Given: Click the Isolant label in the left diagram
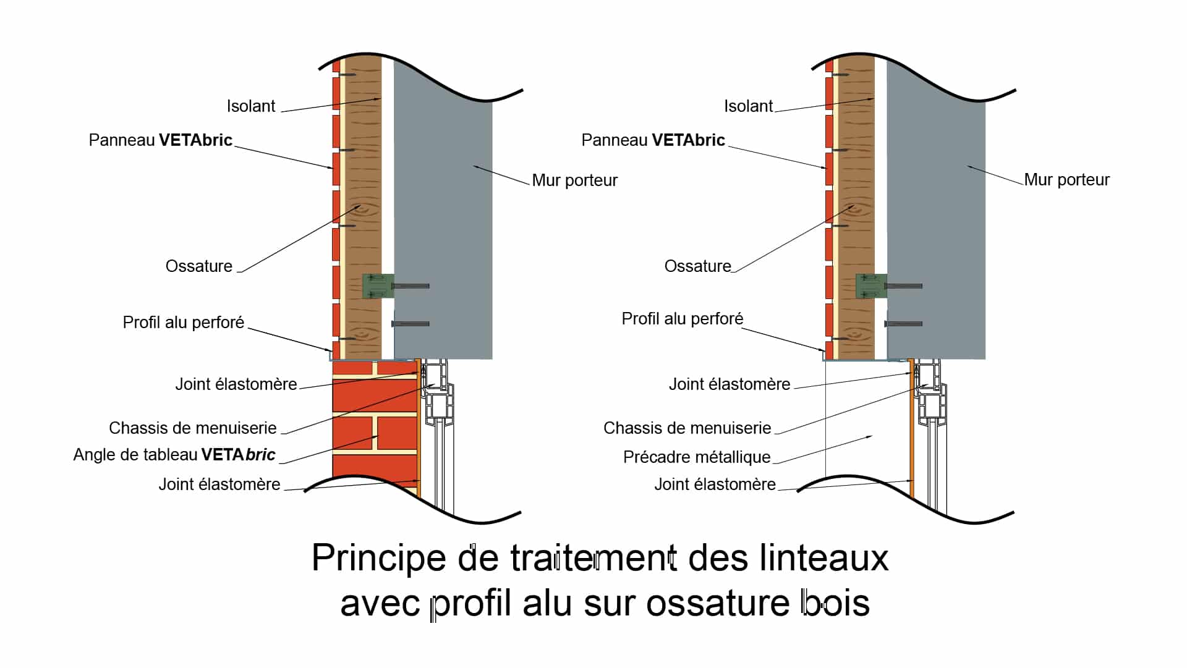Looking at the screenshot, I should (250, 106).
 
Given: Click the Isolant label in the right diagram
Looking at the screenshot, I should (748, 106).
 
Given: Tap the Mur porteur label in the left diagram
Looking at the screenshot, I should (574, 180).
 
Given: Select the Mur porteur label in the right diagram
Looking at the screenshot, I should (1066, 180).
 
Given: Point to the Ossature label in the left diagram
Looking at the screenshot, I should (198, 266).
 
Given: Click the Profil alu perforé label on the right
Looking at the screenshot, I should (682, 319).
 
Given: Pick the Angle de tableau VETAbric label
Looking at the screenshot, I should (174, 455).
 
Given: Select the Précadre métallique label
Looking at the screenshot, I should (696, 457).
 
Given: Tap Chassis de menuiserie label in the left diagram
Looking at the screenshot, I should (192, 428).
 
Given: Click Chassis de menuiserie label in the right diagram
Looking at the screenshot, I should (687, 428).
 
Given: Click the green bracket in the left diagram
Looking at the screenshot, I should (377, 286).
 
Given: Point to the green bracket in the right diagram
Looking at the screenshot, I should (870, 286).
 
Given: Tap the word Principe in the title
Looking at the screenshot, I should (378, 558).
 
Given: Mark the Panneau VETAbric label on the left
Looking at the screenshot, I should (160, 140).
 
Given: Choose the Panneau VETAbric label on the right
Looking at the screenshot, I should (653, 140).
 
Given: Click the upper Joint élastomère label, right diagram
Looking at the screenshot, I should (729, 384).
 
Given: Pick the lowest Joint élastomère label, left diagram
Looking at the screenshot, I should (219, 484).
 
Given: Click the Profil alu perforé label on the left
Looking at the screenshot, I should (183, 323).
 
